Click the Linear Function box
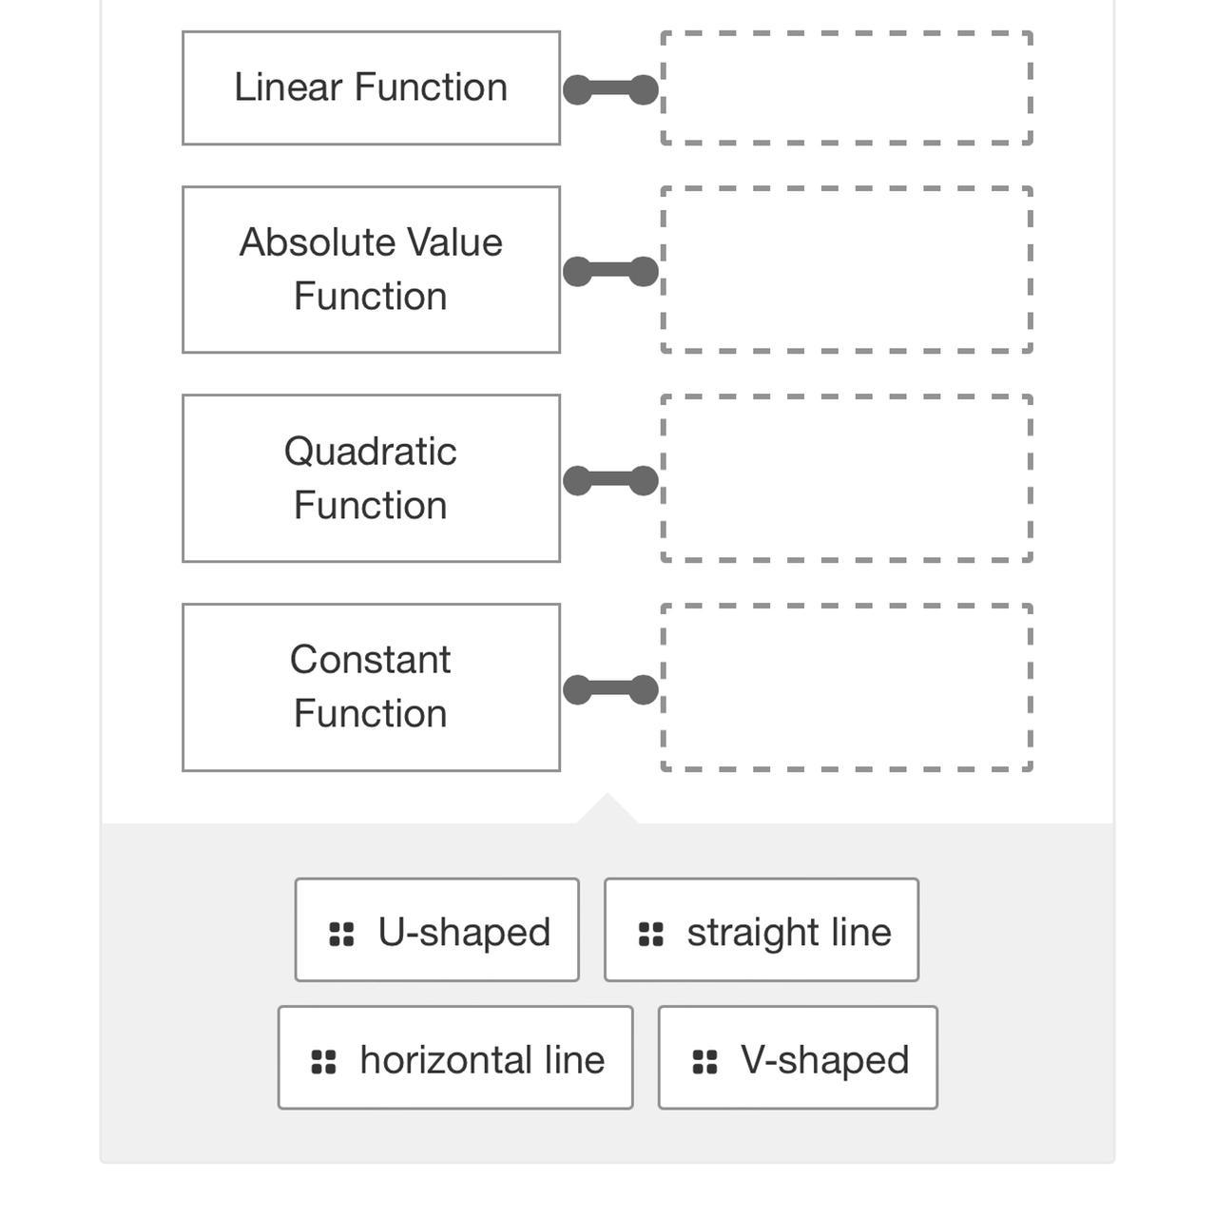pyautogui.click(x=371, y=88)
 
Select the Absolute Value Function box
pyautogui.click(x=371, y=270)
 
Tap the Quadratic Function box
pyautogui.click(x=371, y=478)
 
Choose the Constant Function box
pyautogui.click(x=371, y=687)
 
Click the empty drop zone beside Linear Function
pyautogui.click(x=846, y=88)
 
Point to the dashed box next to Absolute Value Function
pyautogui.click(x=846, y=270)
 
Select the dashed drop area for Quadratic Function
pyautogui.click(x=846, y=478)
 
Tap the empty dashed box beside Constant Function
pyautogui.click(x=846, y=687)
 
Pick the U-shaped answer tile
pyautogui.click(x=436, y=930)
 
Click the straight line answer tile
pyautogui.click(x=761, y=930)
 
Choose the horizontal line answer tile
pyautogui.click(x=454, y=1057)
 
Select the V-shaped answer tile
pyautogui.click(x=797, y=1057)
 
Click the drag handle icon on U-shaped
pyautogui.click(x=341, y=935)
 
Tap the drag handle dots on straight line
pyautogui.click(x=651, y=935)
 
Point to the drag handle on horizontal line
pyautogui.click(x=324, y=1062)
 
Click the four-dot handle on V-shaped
pyautogui.click(x=704, y=1062)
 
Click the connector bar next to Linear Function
pyautogui.click(x=610, y=90)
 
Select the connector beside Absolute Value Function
pyautogui.click(x=610, y=272)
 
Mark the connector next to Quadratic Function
pyautogui.click(x=610, y=481)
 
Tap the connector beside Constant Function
pyautogui.click(x=610, y=690)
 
